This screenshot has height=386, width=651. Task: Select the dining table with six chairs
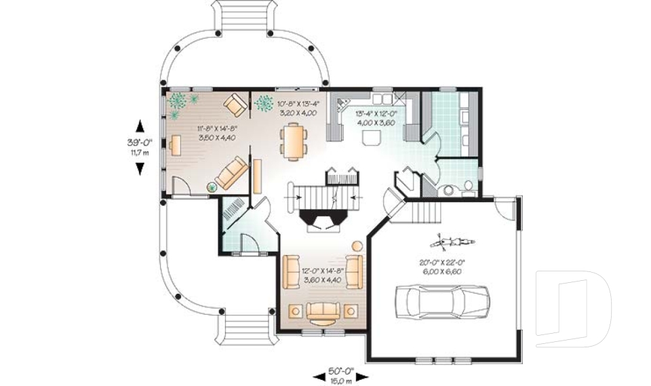pos(293,142)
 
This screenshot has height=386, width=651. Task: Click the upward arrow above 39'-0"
pos(140,126)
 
